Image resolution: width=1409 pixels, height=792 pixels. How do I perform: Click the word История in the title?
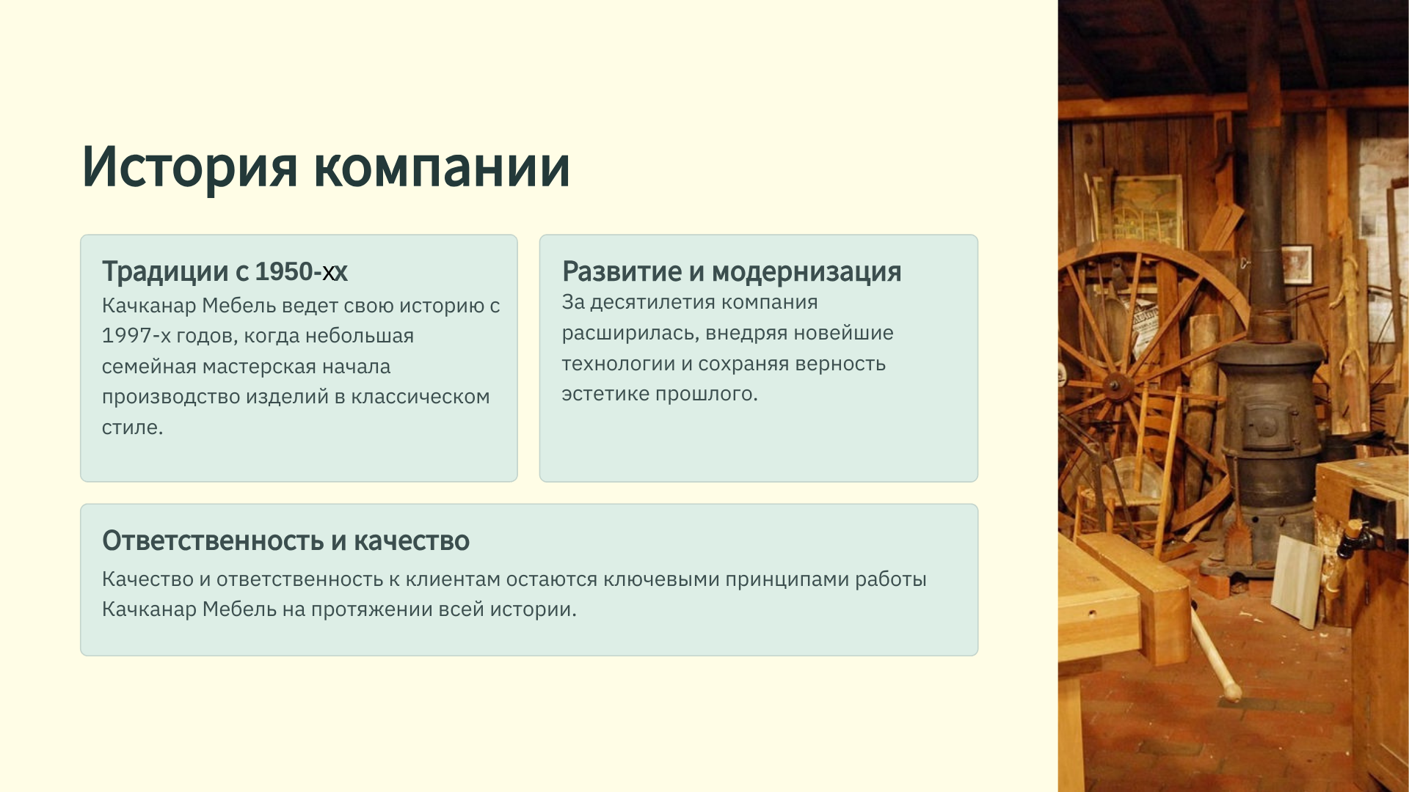pyautogui.click(x=189, y=166)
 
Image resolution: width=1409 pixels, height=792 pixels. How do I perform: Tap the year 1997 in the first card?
pyautogui.click(x=126, y=336)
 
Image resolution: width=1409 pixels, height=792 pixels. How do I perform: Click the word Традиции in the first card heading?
pyautogui.click(x=165, y=272)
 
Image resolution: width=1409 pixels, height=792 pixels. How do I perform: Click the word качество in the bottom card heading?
pyautogui.click(x=412, y=540)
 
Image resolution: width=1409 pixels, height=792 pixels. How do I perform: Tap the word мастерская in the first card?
pyautogui.click(x=252, y=367)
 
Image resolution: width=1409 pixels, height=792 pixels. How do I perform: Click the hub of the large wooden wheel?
pyautogui.click(x=1116, y=386)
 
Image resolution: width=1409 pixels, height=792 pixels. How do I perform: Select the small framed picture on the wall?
pyautogui.click(x=1297, y=264)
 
